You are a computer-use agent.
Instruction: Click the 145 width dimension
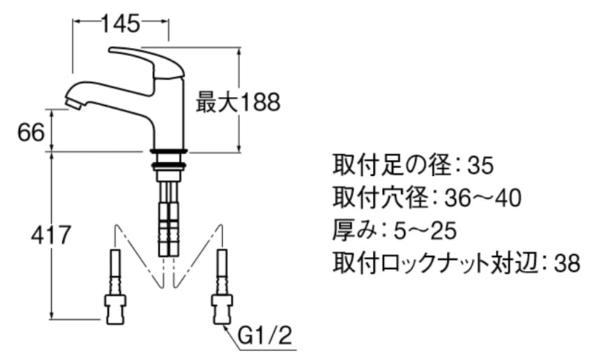(121, 24)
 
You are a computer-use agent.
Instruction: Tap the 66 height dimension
(31, 133)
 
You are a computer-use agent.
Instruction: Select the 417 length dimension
(51, 235)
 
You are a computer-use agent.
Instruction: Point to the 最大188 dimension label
(238, 102)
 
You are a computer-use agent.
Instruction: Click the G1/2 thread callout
(265, 336)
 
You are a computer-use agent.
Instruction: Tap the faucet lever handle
(147, 64)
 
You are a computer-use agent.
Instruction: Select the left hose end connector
(115, 309)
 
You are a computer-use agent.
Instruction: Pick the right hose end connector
(221, 309)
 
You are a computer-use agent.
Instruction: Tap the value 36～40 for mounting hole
(483, 198)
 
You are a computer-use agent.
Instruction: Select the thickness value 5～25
(425, 231)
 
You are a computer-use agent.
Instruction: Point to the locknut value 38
(567, 263)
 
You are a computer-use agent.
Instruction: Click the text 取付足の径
(392, 165)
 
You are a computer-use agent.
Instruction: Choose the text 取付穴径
(381, 198)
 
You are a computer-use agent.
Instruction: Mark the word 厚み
(355, 230)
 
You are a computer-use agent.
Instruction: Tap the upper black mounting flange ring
(168, 151)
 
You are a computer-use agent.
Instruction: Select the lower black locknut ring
(168, 166)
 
